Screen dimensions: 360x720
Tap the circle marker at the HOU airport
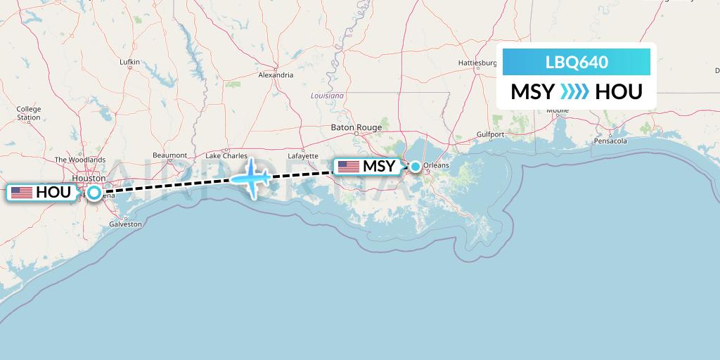pyautogui.click(x=94, y=192)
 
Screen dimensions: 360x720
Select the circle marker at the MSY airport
pyautogui.click(x=416, y=167)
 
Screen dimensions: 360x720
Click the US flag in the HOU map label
pyautogui.click(x=22, y=192)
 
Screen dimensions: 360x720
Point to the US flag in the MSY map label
pyautogui.click(x=348, y=167)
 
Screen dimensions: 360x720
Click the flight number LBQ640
pyautogui.click(x=577, y=63)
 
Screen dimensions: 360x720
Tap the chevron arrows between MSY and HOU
pyautogui.click(x=575, y=92)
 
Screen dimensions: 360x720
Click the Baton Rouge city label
pyautogui.click(x=356, y=127)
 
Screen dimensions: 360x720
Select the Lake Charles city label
pyautogui.click(x=226, y=155)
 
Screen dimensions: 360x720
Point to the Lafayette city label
pyautogui.click(x=303, y=156)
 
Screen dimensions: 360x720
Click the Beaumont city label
pyautogui.click(x=170, y=155)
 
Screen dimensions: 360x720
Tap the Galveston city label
pyautogui.click(x=125, y=224)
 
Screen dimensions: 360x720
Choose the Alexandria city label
pyautogui.click(x=276, y=75)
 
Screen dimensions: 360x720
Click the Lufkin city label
pyautogui.click(x=130, y=62)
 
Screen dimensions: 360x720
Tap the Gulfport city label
pyautogui.click(x=490, y=134)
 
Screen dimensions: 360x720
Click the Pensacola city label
pyautogui.click(x=610, y=141)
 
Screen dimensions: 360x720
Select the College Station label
pyautogui.click(x=29, y=113)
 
